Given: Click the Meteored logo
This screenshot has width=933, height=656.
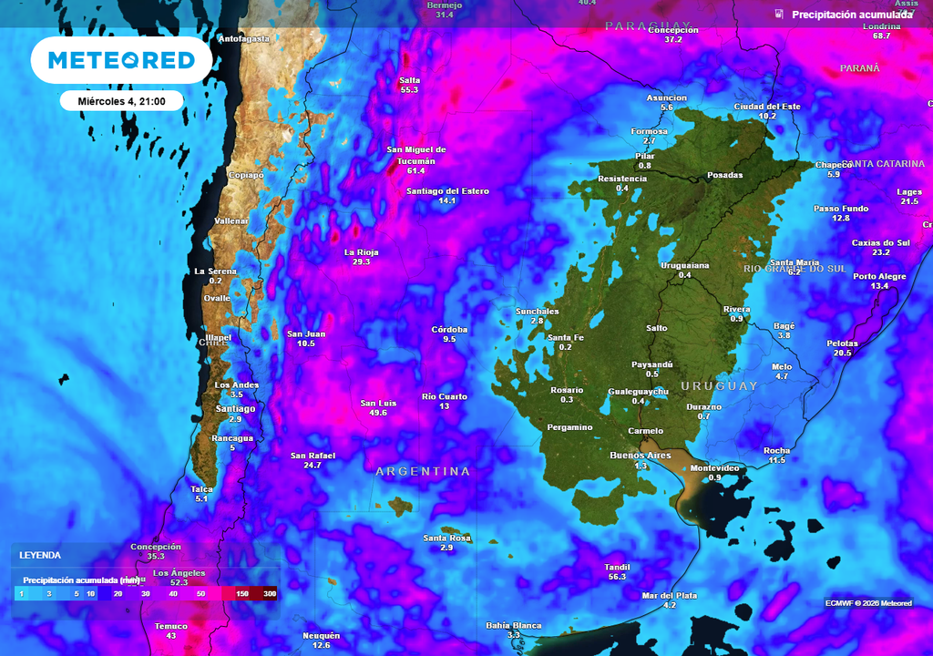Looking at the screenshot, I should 121,60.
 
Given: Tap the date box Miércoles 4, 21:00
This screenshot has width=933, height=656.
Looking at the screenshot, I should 121,101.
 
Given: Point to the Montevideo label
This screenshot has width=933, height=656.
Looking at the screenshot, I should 714,467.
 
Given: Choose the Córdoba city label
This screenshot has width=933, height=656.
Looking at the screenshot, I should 449,329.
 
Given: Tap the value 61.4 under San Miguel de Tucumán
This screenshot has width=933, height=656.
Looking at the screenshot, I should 416,170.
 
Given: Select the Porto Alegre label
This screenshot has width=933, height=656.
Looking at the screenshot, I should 879,276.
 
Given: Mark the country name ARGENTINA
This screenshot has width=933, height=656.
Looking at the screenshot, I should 424,471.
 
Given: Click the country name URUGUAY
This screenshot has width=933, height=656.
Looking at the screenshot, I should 719,386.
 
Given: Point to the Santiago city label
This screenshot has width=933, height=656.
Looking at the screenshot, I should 235,408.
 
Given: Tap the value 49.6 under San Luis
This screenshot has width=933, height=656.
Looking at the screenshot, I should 378,413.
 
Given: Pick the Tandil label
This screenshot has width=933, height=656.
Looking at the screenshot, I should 617,567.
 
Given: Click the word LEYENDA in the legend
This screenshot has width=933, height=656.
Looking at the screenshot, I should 41,555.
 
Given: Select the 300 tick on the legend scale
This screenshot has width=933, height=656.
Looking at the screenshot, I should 270,593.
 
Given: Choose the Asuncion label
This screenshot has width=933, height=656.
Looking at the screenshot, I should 666,97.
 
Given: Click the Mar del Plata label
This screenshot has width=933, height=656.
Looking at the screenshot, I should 670,595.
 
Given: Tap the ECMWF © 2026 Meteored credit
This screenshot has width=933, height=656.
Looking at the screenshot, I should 868,603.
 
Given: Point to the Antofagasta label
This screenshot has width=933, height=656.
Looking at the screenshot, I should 244,39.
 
